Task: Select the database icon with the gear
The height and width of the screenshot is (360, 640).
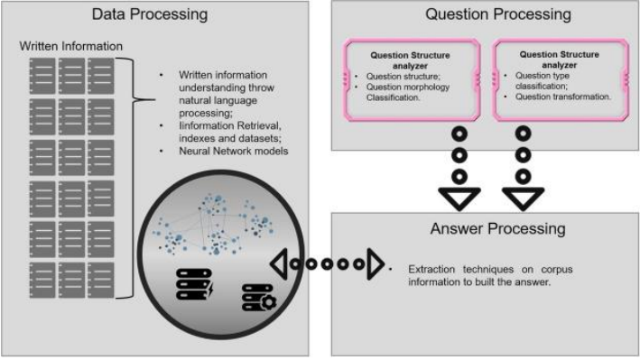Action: click(256, 298)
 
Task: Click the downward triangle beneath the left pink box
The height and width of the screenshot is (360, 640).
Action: click(458, 196)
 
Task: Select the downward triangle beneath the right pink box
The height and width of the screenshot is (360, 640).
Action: click(521, 196)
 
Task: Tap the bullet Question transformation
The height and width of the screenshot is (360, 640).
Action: click(563, 96)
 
